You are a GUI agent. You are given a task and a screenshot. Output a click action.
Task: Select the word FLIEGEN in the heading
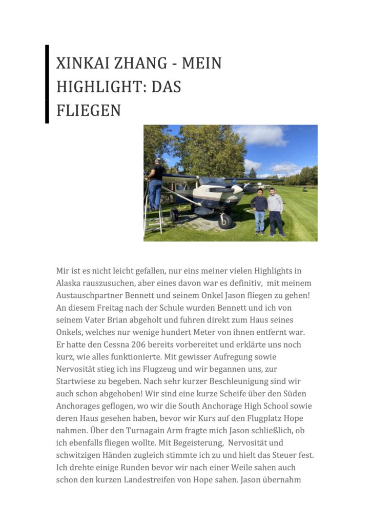point(88,110)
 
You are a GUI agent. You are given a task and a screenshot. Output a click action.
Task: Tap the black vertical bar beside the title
point(47,84)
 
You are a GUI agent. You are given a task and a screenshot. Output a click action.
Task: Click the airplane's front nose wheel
point(225,221)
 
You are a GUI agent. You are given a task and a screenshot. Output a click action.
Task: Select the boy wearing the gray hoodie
point(276,212)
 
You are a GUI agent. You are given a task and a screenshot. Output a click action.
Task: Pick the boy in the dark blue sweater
point(260,210)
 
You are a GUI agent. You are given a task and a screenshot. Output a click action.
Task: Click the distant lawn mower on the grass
point(306,189)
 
